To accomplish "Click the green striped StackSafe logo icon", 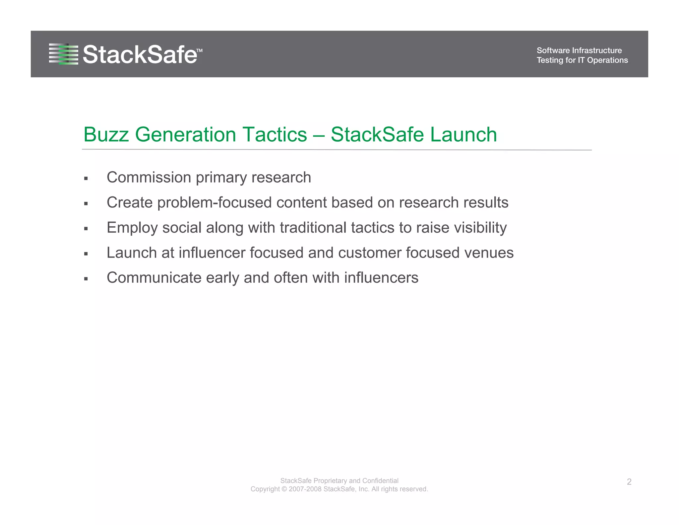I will click(x=64, y=54).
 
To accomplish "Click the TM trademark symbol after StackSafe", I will click(x=199, y=51).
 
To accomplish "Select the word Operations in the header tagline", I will click(x=607, y=60).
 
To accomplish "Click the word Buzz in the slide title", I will click(x=106, y=135).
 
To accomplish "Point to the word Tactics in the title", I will click(x=275, y=135).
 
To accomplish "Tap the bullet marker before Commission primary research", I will click(x=86, y=179).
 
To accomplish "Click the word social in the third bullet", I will click(x=182, y=228).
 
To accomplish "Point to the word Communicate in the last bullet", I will click(x=154, y=278).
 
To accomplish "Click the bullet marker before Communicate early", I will click(x=86, y=279).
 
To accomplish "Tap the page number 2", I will click(x=629, y=482).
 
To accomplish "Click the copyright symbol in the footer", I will click(x=284, y=489).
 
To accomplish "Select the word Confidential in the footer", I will click(x=380, y=481).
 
